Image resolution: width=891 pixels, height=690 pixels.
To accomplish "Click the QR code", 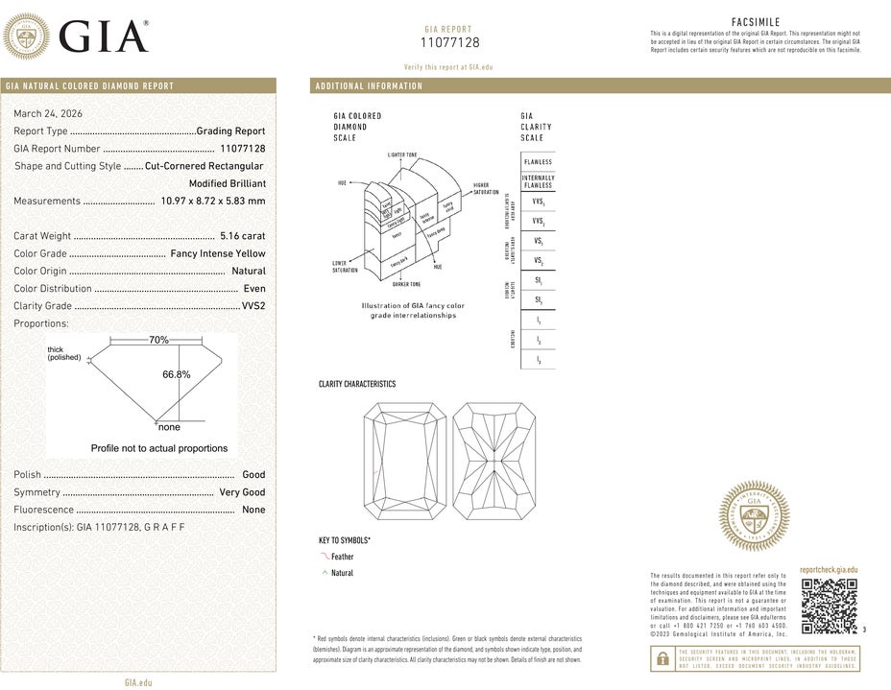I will tap(828, 607).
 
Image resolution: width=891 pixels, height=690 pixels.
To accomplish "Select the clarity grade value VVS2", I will tap(253, 306).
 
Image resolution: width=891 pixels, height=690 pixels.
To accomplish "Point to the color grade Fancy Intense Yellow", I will tap(218, 253).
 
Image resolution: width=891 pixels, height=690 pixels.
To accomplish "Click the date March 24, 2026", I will tap(45, 113).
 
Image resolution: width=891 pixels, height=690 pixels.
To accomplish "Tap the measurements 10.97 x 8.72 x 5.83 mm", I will tap(213, 202).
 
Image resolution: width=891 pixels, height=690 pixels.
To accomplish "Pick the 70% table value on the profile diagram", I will tap(158, 341).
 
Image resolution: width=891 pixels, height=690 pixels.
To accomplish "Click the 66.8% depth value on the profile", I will tap(177, 374).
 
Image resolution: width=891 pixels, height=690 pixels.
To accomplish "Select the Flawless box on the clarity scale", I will tap(538, 162).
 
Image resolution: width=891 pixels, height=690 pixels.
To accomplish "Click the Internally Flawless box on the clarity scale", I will tap(538, 182).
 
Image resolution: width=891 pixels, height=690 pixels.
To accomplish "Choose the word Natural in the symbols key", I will tap(342, 573).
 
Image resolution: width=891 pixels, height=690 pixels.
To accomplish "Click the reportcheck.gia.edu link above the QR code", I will tap(828, 570).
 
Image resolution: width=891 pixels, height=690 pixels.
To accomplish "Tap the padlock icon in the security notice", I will tap(662, 659).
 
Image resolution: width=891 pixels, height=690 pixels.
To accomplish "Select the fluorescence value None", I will tap(253, 510).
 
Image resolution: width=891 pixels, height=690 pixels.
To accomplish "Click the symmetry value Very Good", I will tap(242, 492).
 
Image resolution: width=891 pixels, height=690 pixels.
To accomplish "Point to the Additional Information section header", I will tap(369, 86).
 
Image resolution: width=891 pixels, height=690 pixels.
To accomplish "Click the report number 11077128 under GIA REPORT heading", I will tap(449, 43).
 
